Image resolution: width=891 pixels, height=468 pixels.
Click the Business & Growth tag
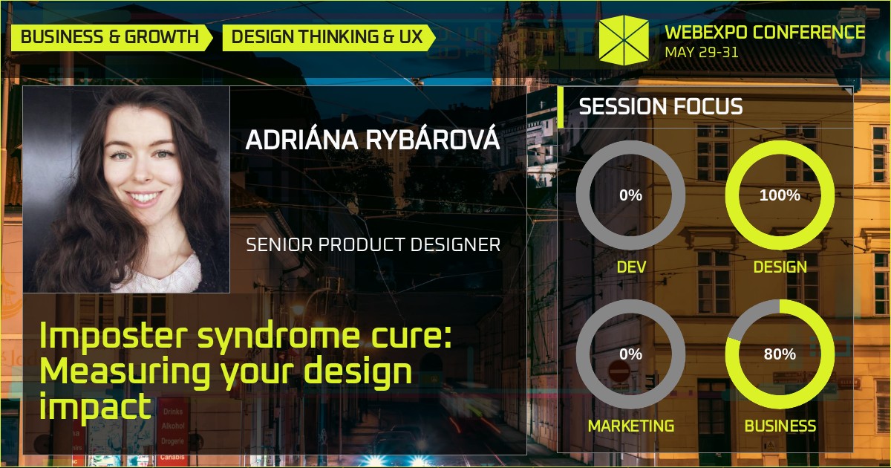click(110, 36)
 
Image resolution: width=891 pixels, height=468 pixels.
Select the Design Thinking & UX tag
click(326, 36)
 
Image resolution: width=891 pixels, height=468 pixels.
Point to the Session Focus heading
click(660, 107)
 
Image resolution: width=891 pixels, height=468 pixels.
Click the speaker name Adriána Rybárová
click(373, 140)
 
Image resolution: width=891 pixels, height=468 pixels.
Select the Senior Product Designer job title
click(373, 244)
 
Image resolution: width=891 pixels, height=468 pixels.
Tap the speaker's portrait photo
click(126, 189)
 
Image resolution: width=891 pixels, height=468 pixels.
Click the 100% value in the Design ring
click(780, 195)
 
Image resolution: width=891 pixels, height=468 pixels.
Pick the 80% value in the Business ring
click(780, 354)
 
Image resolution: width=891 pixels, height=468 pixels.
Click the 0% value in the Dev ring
click(630, 195)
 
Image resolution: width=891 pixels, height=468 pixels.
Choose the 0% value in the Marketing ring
click(630, 354)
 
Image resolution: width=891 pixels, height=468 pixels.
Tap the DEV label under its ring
click(631, 266)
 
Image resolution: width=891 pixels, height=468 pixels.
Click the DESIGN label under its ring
click(780, 266)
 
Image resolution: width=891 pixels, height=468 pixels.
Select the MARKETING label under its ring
click(631, 426)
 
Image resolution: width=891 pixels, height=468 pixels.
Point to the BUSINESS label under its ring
click(780, 426)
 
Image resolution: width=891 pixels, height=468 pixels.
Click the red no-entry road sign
click(619, 371)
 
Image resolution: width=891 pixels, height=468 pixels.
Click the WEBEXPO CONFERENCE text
click(765, 32)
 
